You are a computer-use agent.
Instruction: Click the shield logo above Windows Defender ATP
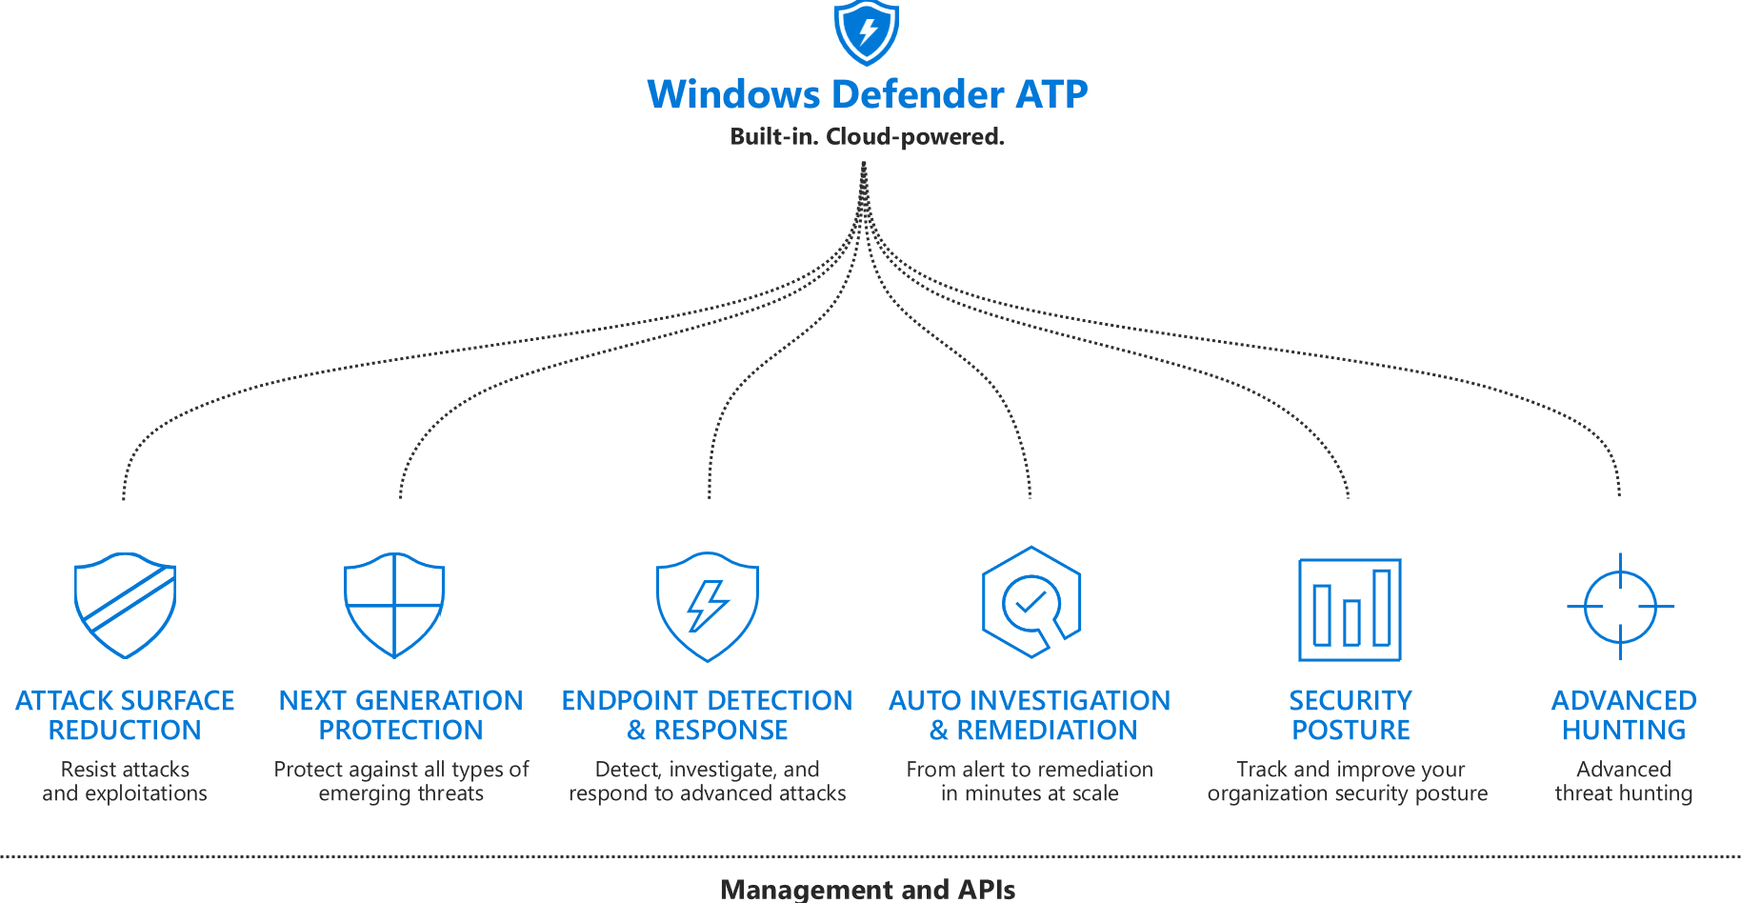866,31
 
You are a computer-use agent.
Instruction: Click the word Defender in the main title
917,94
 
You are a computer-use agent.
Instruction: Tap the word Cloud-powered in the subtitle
914,137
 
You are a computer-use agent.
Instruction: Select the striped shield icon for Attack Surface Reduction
126,605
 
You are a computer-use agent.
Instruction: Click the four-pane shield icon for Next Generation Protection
394,605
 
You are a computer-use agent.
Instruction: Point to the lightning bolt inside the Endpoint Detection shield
708,606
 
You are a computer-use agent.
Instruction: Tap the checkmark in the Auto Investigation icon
1030,601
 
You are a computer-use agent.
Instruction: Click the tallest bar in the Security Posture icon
1381,607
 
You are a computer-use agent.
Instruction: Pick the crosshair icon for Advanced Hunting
1620,606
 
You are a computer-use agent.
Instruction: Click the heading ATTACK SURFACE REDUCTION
125,714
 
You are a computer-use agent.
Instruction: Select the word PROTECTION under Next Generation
401,731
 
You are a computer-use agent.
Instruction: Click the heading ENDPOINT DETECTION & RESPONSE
707,714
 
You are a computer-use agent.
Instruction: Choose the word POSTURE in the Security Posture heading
1351,731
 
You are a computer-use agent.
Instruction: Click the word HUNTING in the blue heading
1624,731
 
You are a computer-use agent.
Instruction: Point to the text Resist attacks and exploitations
125,781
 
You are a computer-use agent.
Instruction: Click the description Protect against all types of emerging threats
401,781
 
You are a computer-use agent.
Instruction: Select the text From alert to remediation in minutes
1030,781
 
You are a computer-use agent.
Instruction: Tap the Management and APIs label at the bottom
868,889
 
